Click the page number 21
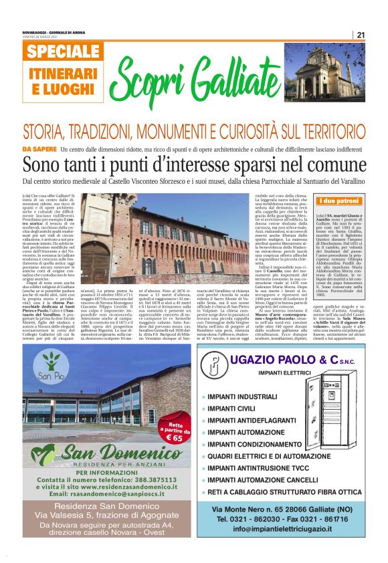pos(361,35)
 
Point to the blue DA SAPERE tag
pos(38,148)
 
